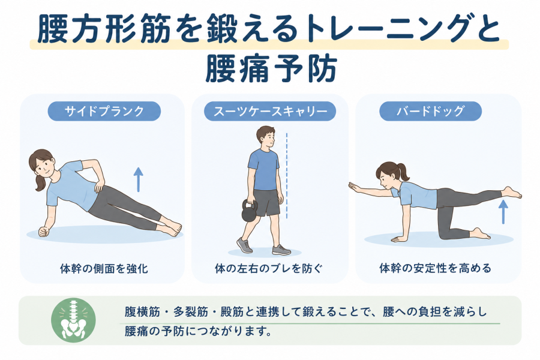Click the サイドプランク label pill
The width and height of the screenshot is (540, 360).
(104, 111)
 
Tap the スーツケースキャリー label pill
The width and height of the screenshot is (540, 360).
(270, 111)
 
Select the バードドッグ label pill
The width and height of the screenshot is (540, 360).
(430, 111)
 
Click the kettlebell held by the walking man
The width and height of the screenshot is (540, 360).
(250, 211)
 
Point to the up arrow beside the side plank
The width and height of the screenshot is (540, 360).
(139, 179)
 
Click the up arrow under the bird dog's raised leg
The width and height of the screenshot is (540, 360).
(503, 212)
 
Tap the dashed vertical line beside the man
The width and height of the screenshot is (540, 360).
(287, 176)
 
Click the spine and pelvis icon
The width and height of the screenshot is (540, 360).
(73, 320)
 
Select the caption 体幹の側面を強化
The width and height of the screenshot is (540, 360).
(104, 268)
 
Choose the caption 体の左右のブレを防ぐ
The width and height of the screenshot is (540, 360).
(269, 268)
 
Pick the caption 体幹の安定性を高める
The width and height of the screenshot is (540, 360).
(436, 268)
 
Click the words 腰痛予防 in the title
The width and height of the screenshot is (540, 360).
(271, 69)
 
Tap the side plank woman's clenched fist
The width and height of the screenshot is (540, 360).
(44, 231)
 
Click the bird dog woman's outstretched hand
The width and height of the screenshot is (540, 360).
(355, 187)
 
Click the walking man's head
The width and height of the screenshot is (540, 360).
(266, 136)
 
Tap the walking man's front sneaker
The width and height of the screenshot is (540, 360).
(281, 250)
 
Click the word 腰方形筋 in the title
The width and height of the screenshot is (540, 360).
(104, 29)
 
